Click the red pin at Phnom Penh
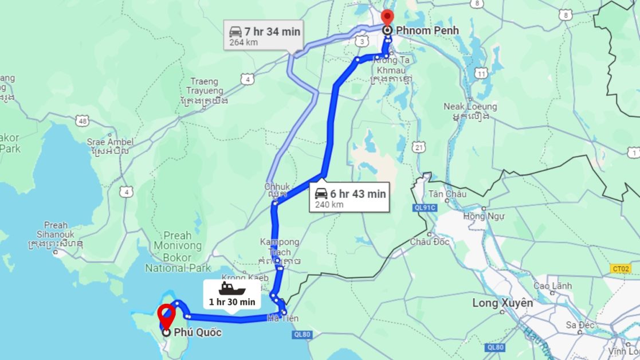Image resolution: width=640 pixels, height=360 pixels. click(x=388, y=17)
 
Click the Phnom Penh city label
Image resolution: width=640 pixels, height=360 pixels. click(x=426, y=30)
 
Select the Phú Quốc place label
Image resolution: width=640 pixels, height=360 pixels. click(x=198, y=332)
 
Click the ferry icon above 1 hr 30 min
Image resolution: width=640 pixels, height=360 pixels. click(x=231, y=288)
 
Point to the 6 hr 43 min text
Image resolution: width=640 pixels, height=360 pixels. click(x=358, y=194)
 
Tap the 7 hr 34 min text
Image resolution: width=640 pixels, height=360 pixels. click(x=272, y=32)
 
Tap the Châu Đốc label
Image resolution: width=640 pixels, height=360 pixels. click(x=430, y=242)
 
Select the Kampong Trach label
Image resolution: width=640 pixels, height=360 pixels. click(x=279, y=247)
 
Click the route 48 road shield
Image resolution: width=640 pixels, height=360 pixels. click(x=83, y=121)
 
